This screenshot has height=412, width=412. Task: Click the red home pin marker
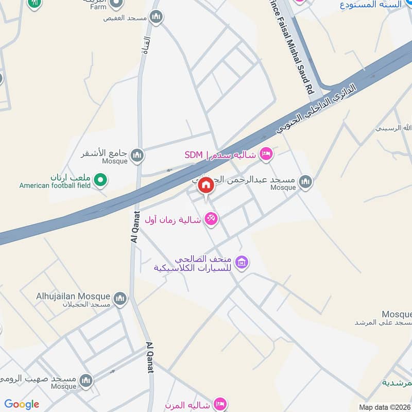pos(206,185)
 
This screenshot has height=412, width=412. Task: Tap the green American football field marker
pos(101,180)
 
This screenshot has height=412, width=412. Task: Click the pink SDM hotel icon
pos(266,154)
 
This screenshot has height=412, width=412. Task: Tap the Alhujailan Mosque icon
pos(120,298)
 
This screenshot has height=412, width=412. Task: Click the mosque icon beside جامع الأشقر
pos(136,154)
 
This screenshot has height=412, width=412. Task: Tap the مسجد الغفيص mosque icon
pos(157,17)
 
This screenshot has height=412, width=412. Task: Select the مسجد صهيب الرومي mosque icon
pos(86,381)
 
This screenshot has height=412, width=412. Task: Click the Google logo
pos(22,404)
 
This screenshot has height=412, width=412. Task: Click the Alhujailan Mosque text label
pos(73,297)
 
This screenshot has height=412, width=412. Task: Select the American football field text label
pos(55,185)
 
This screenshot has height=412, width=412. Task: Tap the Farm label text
pos(98,7)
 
